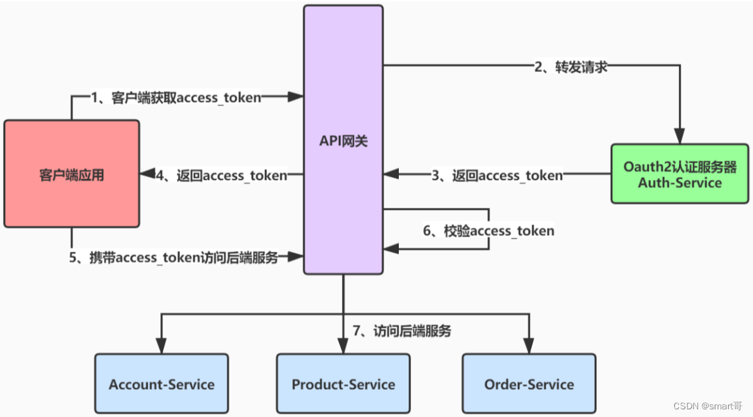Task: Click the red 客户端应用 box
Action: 72,174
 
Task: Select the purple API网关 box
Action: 343,139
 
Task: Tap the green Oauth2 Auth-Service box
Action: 680,174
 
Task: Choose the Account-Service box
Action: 162,384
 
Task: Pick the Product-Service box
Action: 343,384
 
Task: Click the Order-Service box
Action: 529,384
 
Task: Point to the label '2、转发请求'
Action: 571,67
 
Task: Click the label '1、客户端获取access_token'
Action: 176,98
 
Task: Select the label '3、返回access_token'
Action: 496,176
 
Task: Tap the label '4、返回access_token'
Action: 222,176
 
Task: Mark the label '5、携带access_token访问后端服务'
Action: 174,257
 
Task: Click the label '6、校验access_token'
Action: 489,230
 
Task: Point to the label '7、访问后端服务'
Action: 402,331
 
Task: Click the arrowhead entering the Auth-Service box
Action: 679,137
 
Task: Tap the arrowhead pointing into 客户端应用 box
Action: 147,175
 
